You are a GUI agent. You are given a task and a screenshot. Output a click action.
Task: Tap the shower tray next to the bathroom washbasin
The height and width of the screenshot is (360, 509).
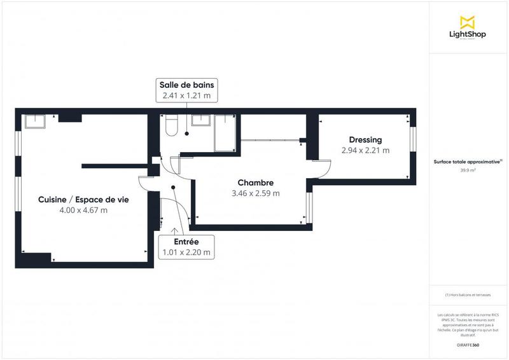point(225,132)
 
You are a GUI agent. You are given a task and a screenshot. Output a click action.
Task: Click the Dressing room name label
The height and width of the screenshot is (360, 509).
point(365,140)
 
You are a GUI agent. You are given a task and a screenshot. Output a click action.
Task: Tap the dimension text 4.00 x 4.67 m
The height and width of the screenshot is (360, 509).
point(83,210)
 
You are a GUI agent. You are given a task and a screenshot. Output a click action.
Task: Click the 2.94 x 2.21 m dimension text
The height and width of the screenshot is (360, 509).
point(365,151)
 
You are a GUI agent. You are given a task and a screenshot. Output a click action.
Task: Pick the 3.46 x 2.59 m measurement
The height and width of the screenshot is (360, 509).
point(256,193)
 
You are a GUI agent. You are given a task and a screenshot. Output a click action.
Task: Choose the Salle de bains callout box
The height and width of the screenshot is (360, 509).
point(186,91)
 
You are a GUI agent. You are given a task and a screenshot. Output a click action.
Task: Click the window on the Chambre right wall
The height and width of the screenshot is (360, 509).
point(309,208)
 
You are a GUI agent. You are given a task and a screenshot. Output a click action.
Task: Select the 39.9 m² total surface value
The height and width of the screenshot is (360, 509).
point(468,170)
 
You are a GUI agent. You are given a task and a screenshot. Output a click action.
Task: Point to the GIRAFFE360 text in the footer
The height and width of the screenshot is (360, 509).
point(468,344)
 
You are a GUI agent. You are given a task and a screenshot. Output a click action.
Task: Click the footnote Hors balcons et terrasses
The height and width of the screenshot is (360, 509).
point(468,295)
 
